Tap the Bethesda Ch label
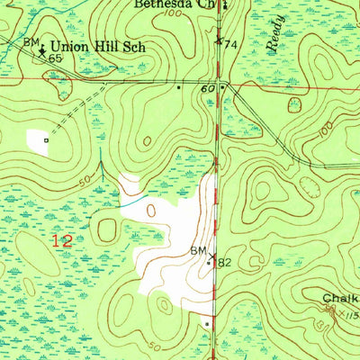174,4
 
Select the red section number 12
61,241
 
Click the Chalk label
341,298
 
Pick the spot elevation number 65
55,57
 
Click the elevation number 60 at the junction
209,89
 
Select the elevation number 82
224,263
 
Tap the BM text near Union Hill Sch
31,42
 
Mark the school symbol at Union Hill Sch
41,50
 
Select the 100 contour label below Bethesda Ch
170,15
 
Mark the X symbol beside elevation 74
218,40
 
